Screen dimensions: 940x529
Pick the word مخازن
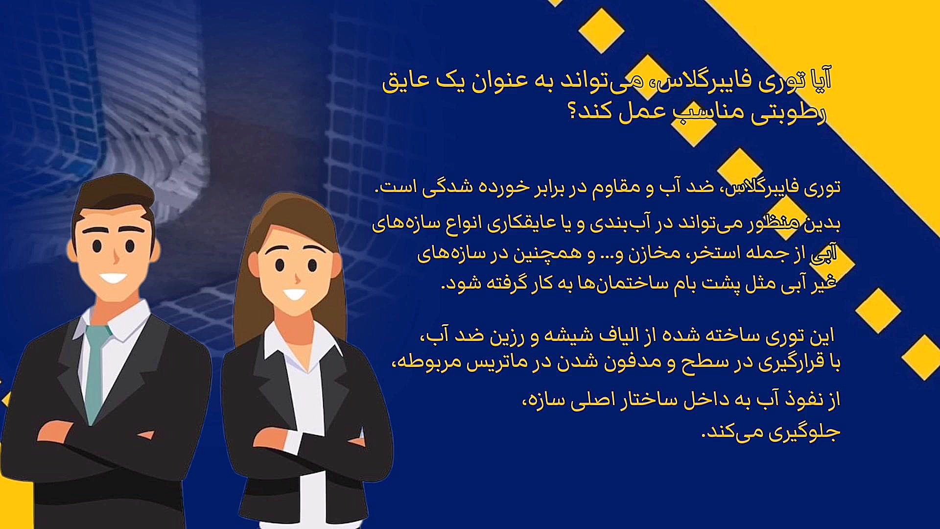point(653,253)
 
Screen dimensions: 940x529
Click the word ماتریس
point(493,362)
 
